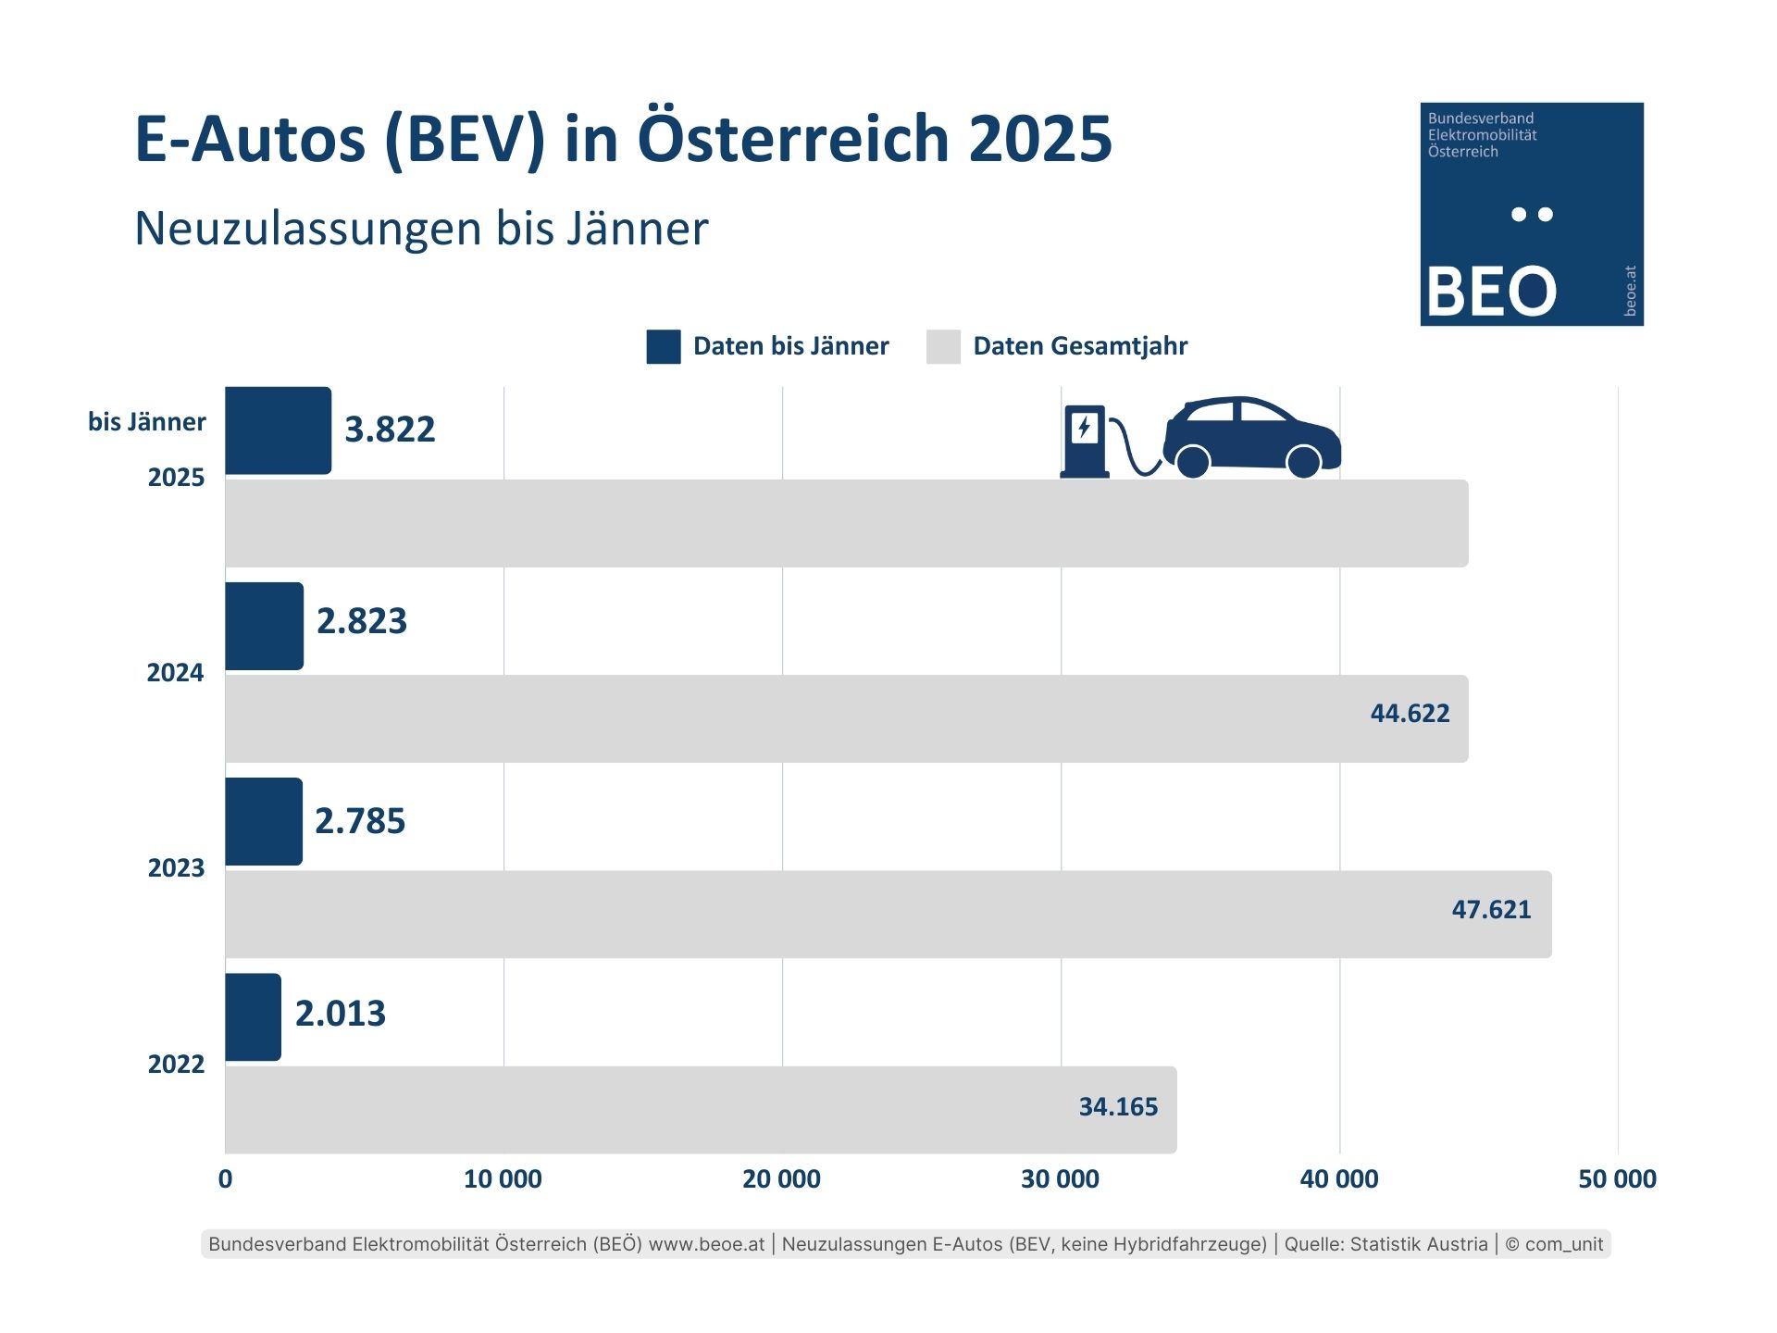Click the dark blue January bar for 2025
coord(278,430)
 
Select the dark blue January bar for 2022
coord(253,1016)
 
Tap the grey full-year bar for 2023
coord(833,914)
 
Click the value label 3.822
coord(390,430)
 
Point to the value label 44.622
coord(1410,713)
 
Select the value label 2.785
coord(360,821)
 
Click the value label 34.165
coord(1118,1106)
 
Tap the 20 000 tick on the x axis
coord(781,1178)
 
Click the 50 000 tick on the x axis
coord(1617,1178)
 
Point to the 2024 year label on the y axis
coord(175,672)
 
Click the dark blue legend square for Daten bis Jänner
coord(664,346)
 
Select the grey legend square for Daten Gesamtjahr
coord(943,346)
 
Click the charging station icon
coord(1085,441)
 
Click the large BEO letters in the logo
coord(1491,291)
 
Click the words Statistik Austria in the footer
coord(1419,1244)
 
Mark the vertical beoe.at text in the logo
coord(1630,291)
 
